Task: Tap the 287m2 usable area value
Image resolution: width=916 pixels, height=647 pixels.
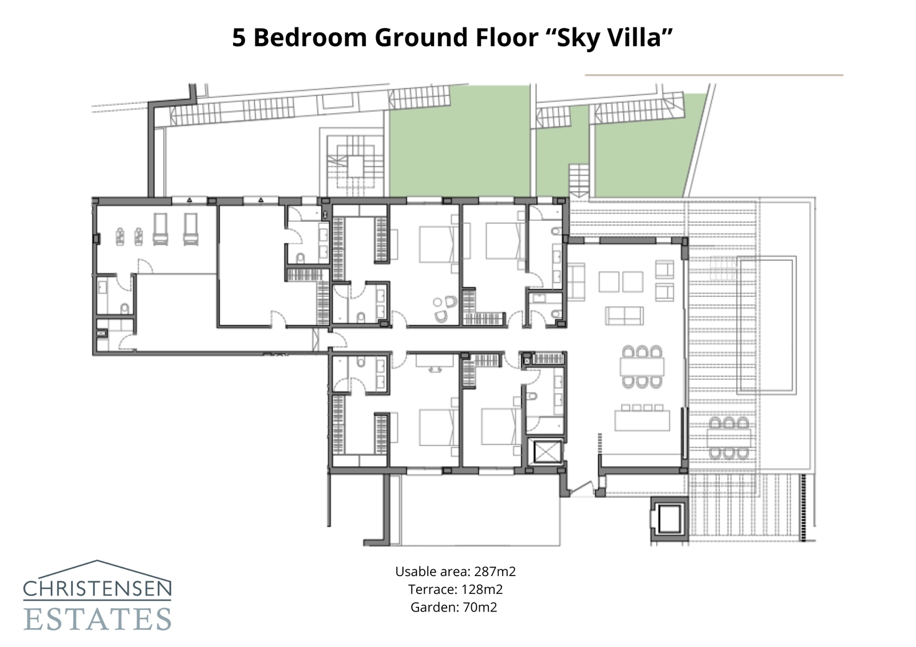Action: pos(495,571)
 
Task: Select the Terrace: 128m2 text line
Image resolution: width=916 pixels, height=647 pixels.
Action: pos(455,589)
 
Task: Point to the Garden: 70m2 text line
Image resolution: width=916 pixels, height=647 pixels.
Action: pos(453,607)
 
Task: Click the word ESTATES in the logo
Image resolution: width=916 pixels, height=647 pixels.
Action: pos(97,620)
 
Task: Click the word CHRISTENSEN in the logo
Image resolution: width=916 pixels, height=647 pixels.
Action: pos(97,588)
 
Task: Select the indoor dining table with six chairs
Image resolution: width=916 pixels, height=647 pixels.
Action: pos(642,366)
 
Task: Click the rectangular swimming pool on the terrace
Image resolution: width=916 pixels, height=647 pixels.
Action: pos(766,324)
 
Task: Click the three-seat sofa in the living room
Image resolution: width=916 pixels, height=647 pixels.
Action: pos(625,315)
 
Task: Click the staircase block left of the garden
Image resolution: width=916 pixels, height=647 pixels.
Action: pos(355,166)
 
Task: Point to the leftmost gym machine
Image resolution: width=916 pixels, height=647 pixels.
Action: pos(121,236)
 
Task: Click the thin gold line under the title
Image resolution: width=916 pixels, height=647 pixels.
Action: pos(713,75)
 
